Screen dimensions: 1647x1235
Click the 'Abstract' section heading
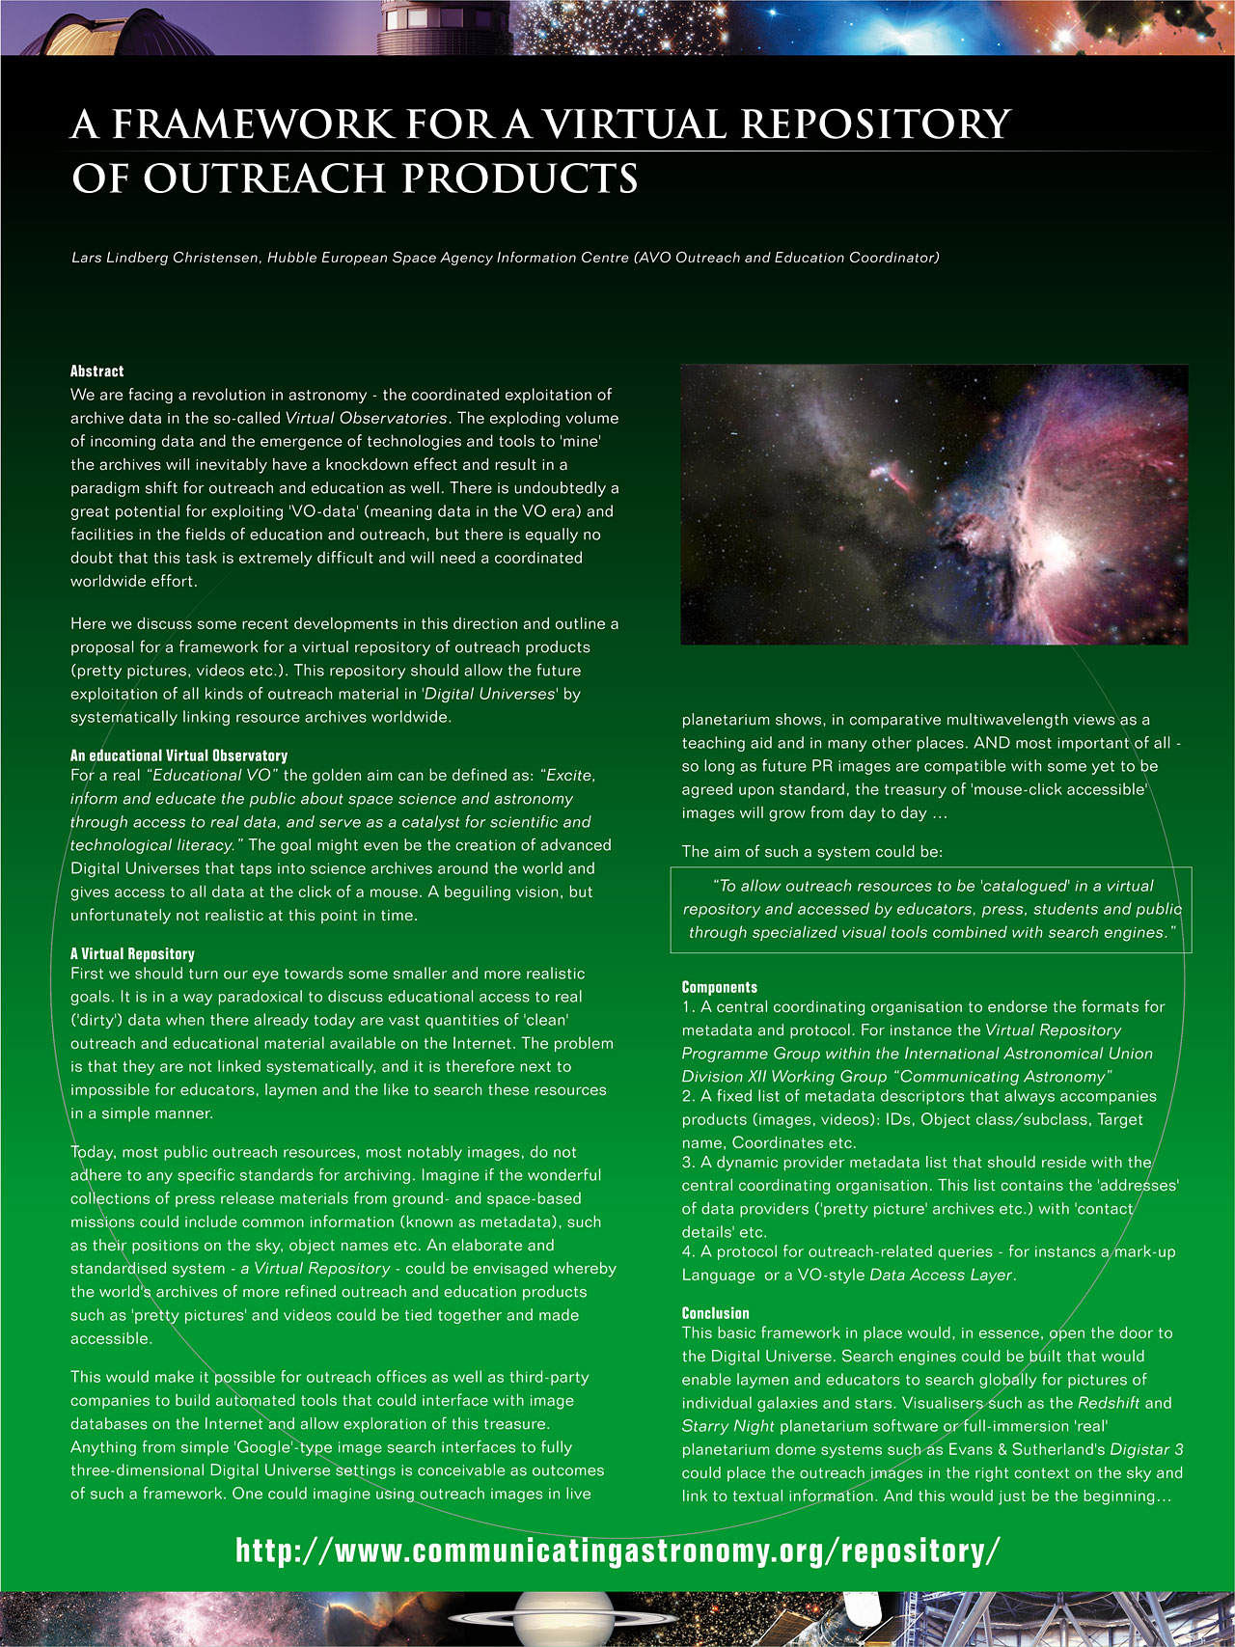pos(96,371)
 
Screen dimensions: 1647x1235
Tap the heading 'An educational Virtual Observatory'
pos(178,755)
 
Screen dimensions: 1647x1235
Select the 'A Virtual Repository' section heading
pos(132,953)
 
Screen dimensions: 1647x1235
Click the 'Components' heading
pos(719,987)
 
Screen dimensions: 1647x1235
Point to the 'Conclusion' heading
pos(715,1313)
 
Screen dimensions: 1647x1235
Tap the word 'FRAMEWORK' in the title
pos(253,124)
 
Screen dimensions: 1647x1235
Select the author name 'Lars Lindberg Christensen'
pos(164,258)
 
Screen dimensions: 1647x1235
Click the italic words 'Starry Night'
pos(727,1426)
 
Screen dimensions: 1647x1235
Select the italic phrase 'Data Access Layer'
pos(940,1275)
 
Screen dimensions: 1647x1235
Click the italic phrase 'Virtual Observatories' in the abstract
pos(366,418)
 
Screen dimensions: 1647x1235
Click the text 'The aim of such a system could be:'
pos(811,851)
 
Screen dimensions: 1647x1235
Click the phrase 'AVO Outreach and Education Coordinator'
pos(785,258)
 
